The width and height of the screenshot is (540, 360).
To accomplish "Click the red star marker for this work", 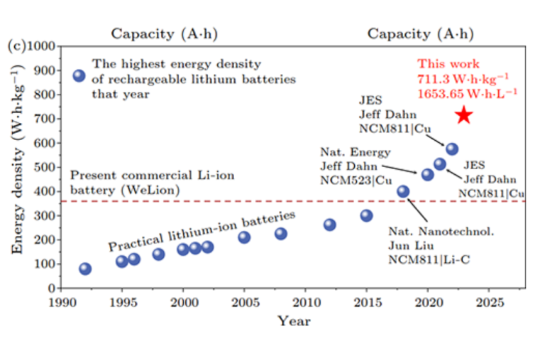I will click(x=464, y=116).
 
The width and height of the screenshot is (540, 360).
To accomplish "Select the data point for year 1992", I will click(x=85, y=269).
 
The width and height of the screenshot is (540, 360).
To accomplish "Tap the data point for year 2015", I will click(x=366, y=215).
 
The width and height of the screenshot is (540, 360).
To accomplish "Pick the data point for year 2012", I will click(x=330, y=225).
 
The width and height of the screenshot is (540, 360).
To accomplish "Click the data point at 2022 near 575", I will click(x=452, y=149).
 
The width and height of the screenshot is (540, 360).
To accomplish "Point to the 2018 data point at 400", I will click(x=403, y=191).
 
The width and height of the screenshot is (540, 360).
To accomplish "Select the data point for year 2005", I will click(x=244, y=237).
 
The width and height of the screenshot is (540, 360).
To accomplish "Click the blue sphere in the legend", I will click(x=79, y=76).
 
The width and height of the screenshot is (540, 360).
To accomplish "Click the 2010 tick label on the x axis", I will click(x=305, y=301).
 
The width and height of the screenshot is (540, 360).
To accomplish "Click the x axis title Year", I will click(x=294, y=321).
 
